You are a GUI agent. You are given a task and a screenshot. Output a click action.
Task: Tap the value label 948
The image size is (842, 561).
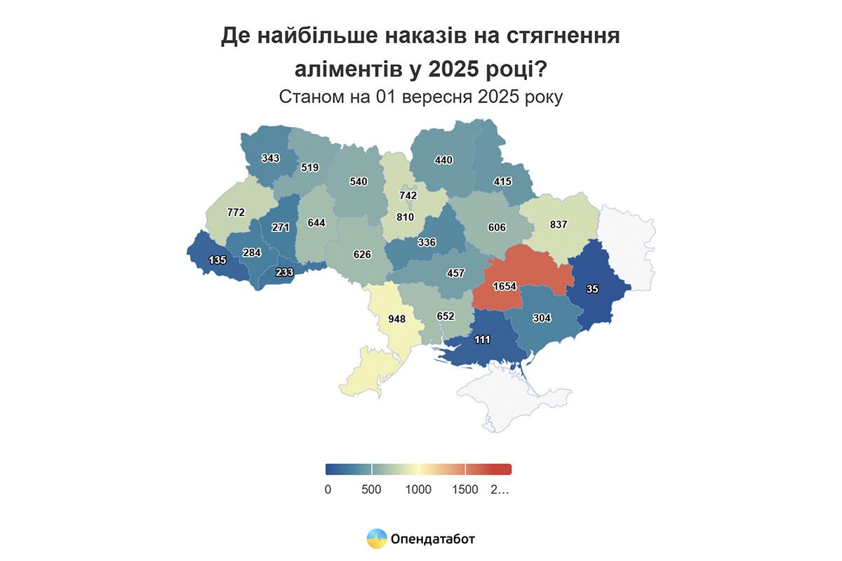tap(396, 319)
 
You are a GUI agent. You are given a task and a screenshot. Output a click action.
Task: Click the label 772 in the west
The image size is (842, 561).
tap(236, 212)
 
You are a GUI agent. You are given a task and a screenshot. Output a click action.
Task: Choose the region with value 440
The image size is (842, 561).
tap(443, 160)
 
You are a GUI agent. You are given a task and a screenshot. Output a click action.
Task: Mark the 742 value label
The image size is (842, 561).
tap(408, 196)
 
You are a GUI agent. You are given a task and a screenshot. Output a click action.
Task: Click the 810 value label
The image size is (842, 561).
tap(405, 217)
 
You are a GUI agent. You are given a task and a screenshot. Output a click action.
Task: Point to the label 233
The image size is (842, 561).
tap(284, 273)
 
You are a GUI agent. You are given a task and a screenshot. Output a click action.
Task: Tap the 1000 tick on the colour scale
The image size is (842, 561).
tap(418, 489)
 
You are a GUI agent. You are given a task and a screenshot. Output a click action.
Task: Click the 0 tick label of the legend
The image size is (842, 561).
tap(328, 489)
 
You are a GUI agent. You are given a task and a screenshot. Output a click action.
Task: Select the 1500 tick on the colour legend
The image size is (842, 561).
tap(465, 489)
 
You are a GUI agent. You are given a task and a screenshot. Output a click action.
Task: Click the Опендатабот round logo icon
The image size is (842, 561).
tap(377, 539)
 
